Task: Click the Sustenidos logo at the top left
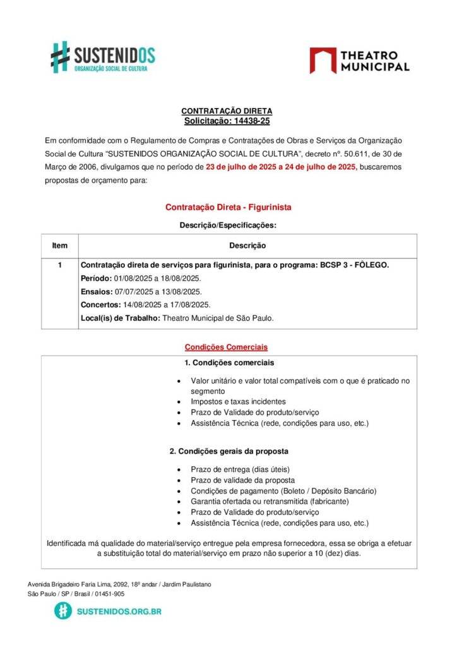[103, 57]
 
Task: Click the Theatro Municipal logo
[359, 60]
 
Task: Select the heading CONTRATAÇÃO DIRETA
[227, 111]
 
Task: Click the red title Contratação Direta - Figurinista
[228, 207]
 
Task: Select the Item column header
[60, 246]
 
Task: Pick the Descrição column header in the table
[247, 246]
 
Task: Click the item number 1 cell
[60, 265]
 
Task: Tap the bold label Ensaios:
[97, 291]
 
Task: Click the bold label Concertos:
[100, 305]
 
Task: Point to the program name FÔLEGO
[372, 265]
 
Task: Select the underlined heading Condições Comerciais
[226, 347]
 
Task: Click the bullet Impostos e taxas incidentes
[238, 401]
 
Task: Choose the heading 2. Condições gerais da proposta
[228, 451]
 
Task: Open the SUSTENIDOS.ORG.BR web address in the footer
[119, 611]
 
